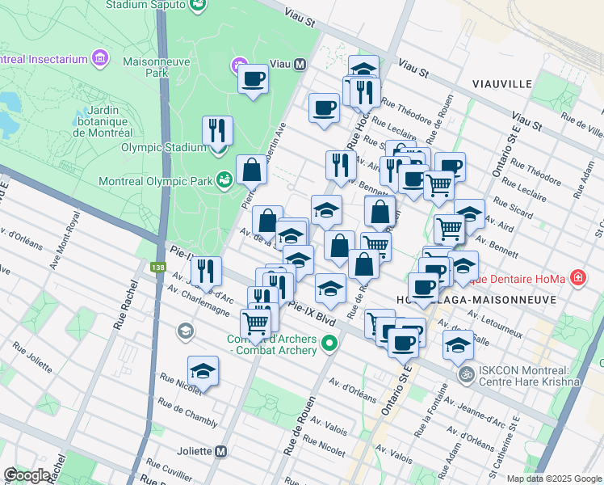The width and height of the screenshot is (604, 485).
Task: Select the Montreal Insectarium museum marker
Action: pyautogui.click(x=99, y=58)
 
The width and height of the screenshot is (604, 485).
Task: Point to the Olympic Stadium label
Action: pyautogui.click(x=164, y=147)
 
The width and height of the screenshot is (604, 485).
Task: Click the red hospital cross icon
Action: pyautogui.click(x=577, y=279)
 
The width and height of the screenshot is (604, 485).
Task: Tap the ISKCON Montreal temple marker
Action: pyautogui.click(x=465, y=375)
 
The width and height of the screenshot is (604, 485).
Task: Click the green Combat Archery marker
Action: pyautogui.click(x=329, y=345)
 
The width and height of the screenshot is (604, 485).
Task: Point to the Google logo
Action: pyautogui.click(x=28, y=475)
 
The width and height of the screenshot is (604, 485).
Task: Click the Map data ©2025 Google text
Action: pyautogui.click(x=554, y=479)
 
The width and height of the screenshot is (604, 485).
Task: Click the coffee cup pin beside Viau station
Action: pyautogui.click(x=254, y=79)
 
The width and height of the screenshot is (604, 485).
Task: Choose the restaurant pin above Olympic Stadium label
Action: pyautogui.click(x=216, y=129)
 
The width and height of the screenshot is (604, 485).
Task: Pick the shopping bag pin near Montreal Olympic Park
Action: pyautogui.click(x=251, y=170)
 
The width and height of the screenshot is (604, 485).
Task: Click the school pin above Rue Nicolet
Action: pyautogui.click(x=203, y=371)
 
